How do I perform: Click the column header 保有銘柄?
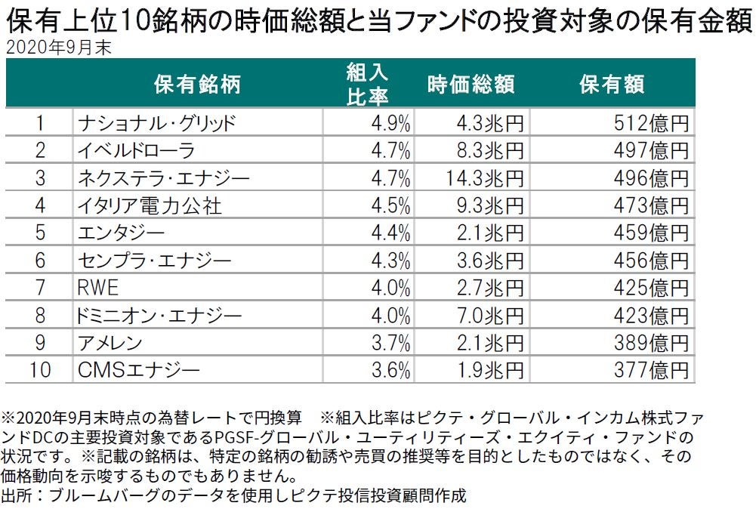(x=197, y=85)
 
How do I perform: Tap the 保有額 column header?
(x=612, y=85)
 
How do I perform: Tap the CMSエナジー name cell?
(x=139, y=370)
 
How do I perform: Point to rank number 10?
(x=41, y=370)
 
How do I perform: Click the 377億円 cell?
(x=650, y=370)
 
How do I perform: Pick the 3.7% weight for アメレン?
(x=391, y=343)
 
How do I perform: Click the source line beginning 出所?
(x=234, y=496)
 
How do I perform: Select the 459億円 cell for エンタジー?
(x=650, y=233)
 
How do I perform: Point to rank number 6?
(x=41, y=261)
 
